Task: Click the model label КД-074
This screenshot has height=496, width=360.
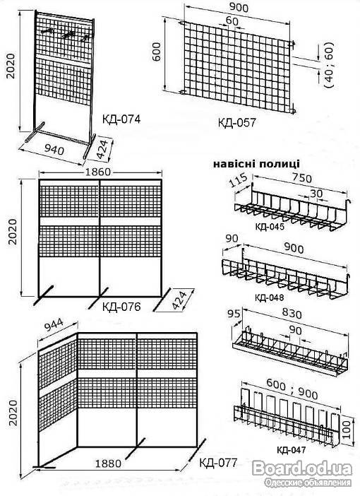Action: point(121,119)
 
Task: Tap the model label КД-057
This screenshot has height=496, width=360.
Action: point(236,122)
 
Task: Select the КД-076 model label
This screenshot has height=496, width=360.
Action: point(121,307)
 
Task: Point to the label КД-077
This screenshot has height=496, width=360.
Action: point(218,463)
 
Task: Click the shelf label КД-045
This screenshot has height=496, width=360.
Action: point(269,227)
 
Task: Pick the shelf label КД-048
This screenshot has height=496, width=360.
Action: point(269,297)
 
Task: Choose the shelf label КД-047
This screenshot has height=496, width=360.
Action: point(291,449)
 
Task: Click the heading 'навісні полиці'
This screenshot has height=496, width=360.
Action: point(256,164)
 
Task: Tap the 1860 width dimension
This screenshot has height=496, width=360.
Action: point(98,172)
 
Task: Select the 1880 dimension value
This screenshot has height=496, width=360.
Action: point(108,463)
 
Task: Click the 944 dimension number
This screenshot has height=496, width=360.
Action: point(53,325)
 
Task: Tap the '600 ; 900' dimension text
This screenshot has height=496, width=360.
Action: point(292,389)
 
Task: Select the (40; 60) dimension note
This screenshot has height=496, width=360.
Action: point(329,65)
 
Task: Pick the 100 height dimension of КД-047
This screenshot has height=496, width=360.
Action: point(347,430)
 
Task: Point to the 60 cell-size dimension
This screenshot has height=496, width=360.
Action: point(232,21)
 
